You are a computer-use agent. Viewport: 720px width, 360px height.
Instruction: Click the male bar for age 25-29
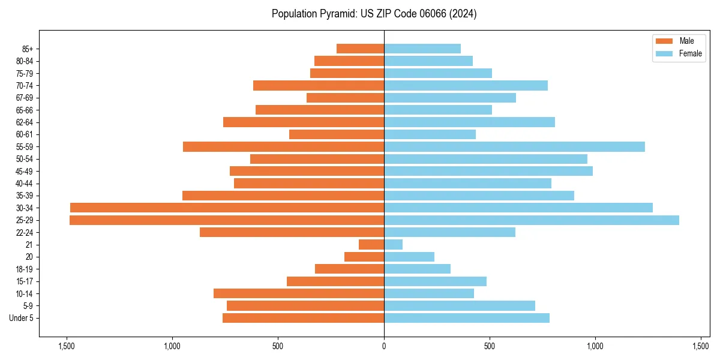(x=227, y=220)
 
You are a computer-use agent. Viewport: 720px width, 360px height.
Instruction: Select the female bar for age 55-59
(x=514, y=147)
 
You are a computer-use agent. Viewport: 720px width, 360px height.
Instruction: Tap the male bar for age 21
(x=371, y=245)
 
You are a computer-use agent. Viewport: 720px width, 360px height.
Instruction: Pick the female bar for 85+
(x=422, y=49)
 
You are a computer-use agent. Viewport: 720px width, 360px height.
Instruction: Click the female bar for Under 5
(x=467, y=318)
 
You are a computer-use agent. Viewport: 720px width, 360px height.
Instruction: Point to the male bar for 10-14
(x=299, y=293)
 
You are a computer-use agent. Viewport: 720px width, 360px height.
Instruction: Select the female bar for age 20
(x=409, y=257)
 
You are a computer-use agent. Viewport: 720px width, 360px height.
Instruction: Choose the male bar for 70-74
(x=319, y=86)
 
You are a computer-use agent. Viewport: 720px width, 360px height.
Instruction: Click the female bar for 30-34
(x=518, y=208)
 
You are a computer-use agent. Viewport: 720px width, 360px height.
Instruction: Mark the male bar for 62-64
(x=304, y=122)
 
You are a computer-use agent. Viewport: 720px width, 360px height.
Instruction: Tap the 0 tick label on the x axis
(x=384, y=346)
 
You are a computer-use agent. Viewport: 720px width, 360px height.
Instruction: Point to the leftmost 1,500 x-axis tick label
(x=66, y=346)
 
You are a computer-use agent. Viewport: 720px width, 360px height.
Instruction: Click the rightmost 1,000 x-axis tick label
(x=595, y=346)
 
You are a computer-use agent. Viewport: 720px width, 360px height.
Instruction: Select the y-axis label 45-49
(x=25, y=171)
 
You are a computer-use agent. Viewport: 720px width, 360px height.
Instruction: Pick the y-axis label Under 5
(x=21, y=318)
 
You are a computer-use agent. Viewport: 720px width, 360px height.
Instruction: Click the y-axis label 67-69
(x=25, y=98)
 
